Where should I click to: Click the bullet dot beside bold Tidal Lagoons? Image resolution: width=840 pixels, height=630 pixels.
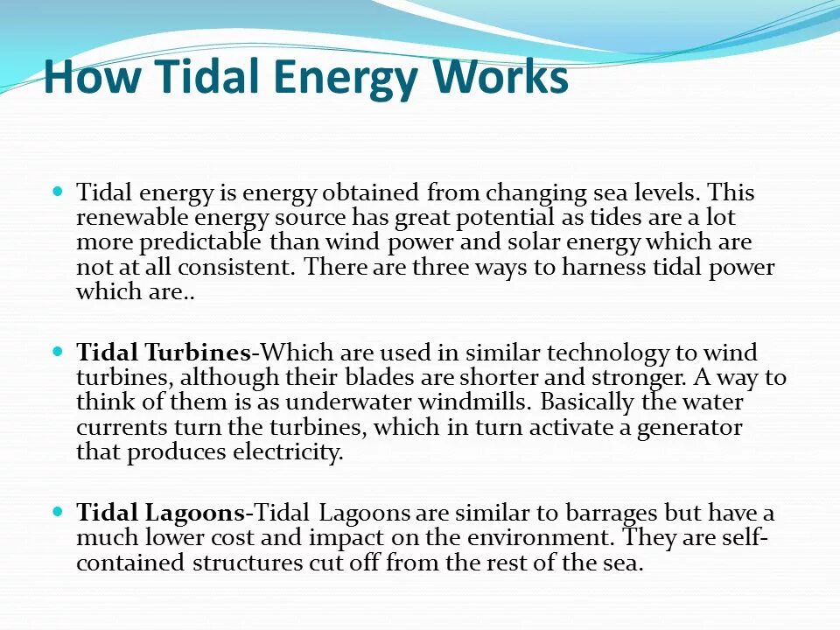[x=59, y=512]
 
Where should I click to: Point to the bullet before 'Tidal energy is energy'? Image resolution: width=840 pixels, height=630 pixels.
[x=59, y=191]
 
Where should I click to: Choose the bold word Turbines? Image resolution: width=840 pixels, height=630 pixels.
[x=198, y=353]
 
